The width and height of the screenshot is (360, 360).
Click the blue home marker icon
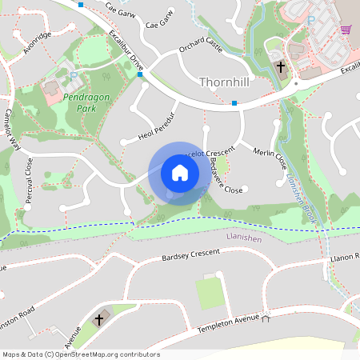click(180, 173)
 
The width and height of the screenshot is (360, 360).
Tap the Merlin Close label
click(270, 157)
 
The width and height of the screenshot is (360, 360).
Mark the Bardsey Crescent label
click(190, 256)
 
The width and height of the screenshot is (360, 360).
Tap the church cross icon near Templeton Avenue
click(99, 319)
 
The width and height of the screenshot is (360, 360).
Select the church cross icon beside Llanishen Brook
click(281, 68)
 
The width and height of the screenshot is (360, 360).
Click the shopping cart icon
click(346, 30)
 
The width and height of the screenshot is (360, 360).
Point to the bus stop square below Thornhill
click(234, 103)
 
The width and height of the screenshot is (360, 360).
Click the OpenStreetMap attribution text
click(80, 354)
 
